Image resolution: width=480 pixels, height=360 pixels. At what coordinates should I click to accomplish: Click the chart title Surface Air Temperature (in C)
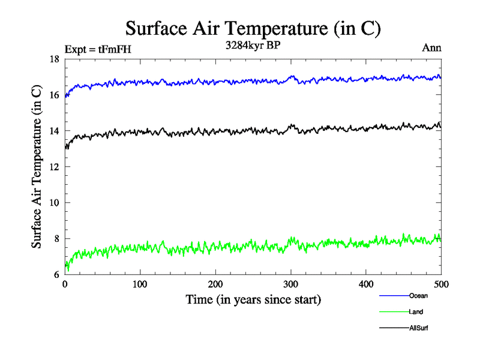click(252, 28)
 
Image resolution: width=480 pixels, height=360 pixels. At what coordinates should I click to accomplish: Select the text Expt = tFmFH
click(97, 49)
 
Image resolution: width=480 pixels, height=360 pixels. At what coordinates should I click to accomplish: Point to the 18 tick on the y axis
click(53, 59)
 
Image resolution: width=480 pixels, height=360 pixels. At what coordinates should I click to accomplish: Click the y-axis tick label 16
click(53, 95)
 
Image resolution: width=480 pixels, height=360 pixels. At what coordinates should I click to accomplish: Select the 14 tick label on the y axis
click(53, 131)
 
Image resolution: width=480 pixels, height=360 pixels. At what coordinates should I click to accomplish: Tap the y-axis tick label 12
click(53, 167)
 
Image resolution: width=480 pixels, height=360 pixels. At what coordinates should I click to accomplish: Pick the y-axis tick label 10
click(53, 203)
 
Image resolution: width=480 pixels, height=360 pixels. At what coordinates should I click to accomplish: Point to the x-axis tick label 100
click(140, 284)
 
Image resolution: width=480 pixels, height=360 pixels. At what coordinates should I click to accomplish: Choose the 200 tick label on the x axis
click(215, 284)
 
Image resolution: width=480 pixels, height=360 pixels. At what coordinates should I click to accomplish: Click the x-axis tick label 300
click(291, 284)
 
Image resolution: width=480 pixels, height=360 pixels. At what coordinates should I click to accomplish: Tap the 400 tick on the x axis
click(366, 284)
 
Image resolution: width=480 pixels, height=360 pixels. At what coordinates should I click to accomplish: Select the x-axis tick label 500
click(441, 284)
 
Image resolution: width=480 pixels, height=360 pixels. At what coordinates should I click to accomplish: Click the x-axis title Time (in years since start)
click(253, 299)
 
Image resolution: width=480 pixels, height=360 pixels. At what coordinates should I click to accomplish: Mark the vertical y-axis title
click(37, 167)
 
